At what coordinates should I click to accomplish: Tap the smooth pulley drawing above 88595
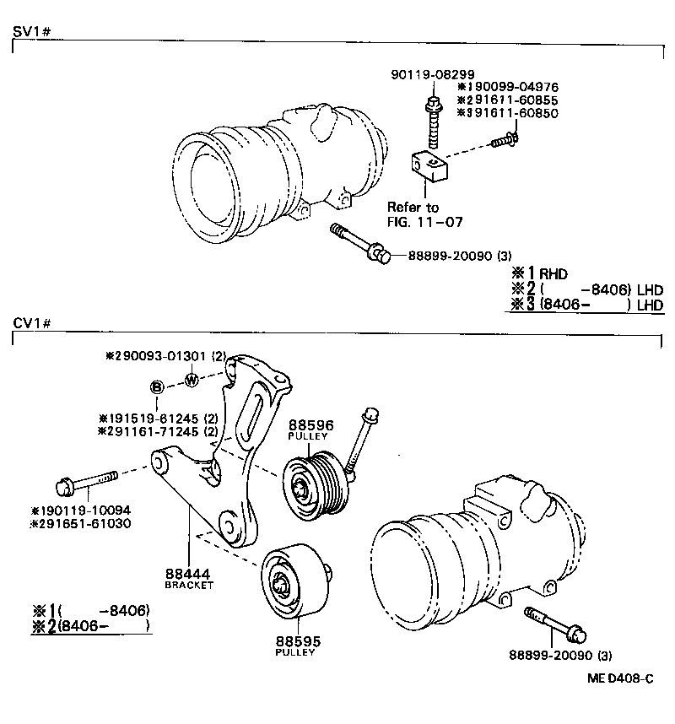[x=289, y=582]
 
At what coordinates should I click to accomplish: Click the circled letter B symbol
[x=157, y=387]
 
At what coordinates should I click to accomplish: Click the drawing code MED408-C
[x=620, y=678]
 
